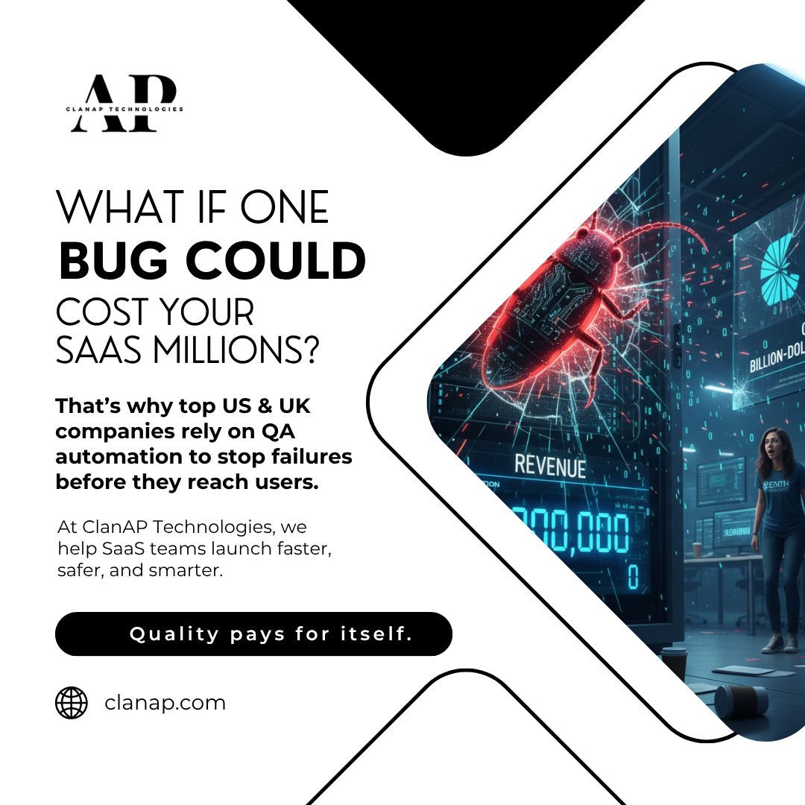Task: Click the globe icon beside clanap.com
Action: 72,702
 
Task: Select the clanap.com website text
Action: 165,702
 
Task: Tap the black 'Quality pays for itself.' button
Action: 253,634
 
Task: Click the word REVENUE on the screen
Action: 550,467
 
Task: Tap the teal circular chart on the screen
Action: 783,273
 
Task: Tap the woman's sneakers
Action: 780,641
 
